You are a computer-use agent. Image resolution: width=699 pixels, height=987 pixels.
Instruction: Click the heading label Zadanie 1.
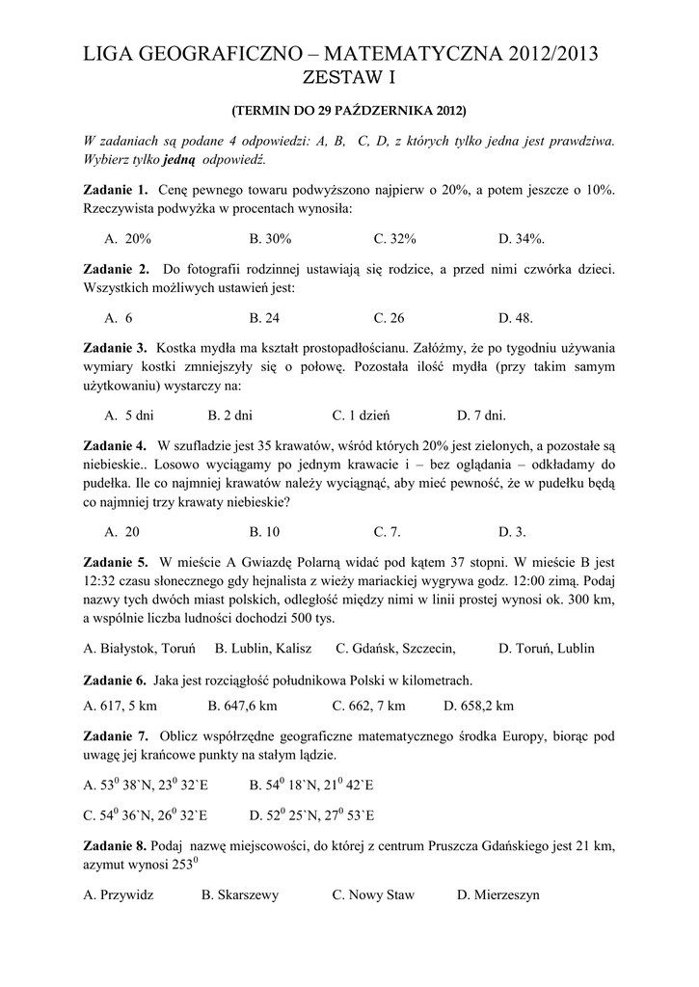tap(116, 190)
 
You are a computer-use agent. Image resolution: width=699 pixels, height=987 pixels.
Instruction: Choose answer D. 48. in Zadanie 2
tap(515, 317)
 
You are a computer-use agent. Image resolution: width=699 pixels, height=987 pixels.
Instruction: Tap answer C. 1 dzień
tap(360, 416)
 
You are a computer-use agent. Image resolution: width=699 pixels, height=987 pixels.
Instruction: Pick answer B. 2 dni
tap(229, 416)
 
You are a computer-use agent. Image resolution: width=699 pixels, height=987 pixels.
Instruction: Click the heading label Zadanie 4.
tap(116, 445)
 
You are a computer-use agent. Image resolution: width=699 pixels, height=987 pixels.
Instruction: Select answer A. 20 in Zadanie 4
tap(121, 531)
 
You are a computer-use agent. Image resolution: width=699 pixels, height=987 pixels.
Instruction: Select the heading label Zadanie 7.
tap(116, 735)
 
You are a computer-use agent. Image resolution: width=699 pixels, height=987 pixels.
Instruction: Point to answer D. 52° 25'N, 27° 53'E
tap(311, 814)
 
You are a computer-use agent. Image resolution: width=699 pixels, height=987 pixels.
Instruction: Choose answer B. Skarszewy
tap(239, 894)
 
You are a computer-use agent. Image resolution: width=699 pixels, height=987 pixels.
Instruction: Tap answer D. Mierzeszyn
tap(498, 894)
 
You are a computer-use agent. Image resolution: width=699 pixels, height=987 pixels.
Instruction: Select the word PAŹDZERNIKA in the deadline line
tap(385, 110)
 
